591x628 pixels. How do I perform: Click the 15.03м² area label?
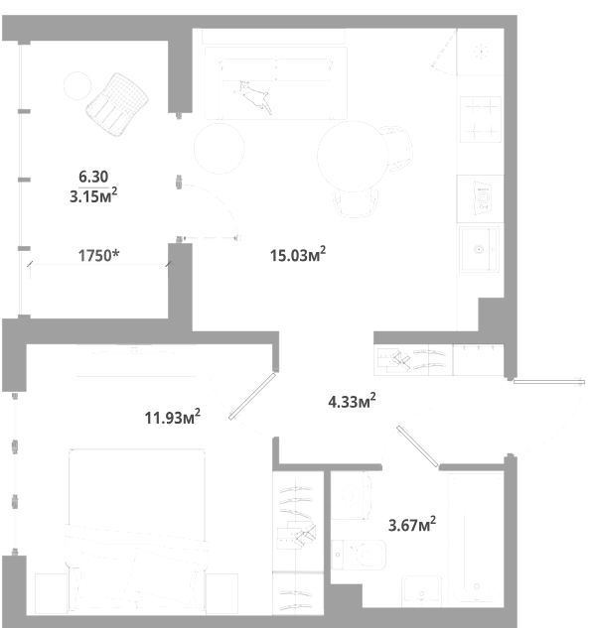point(298,254)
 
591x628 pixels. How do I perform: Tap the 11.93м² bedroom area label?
point(173,417)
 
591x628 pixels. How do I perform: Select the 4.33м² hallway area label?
point(352,401)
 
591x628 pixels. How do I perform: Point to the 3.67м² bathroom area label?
point(412,524)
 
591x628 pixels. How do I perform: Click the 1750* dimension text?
point(98,255)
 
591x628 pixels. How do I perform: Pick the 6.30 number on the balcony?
point(93,177)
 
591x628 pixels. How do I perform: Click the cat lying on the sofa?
point(253,97)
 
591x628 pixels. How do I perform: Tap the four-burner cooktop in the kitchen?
point(481,119)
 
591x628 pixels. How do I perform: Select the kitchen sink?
point(479,249)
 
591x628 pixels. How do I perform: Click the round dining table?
point(353,156)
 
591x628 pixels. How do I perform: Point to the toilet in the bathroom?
point(359,555)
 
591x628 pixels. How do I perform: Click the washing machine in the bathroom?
point(351,495)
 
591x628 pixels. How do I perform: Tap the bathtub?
point(476,539)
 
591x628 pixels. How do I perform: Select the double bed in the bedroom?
point(137,532)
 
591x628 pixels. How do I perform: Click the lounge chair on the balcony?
point(117,104)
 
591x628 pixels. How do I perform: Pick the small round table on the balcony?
point(77,85)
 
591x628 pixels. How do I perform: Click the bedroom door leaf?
point(253,396)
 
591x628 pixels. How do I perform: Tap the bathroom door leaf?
point(417,446)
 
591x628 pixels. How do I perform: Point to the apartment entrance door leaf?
point(549,382)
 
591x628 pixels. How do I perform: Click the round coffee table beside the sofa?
point(220,148)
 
